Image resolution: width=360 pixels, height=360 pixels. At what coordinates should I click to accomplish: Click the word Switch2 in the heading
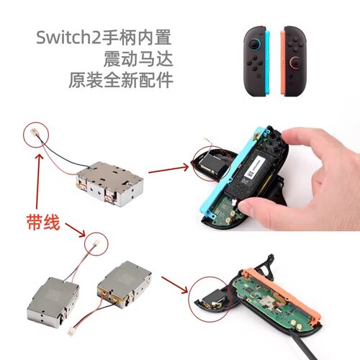coord(67,36)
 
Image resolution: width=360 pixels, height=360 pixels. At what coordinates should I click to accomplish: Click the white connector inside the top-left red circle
coord(36,132)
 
